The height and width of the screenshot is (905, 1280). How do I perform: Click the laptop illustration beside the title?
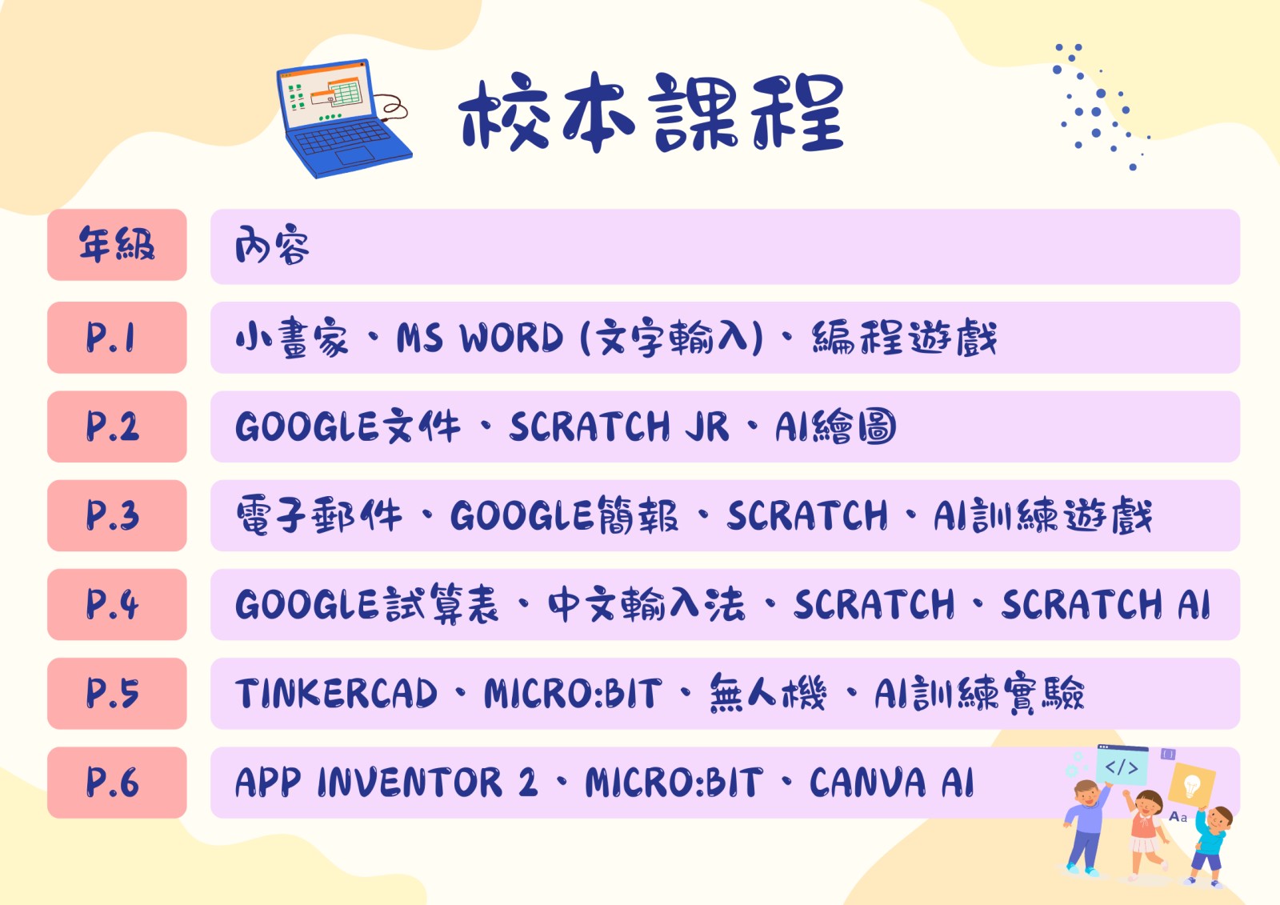343,118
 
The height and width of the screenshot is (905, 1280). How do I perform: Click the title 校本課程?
651,113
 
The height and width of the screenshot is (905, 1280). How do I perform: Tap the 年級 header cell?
117,245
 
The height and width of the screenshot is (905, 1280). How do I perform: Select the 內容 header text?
272,245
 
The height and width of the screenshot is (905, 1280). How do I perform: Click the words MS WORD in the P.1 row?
480,338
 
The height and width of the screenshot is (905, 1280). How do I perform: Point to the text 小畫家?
291,338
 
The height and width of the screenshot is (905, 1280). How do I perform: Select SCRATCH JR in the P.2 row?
619,426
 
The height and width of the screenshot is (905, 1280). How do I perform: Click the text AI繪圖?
835,426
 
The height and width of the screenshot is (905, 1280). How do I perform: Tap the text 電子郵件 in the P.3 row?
319,515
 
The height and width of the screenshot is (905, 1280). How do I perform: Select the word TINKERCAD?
336,694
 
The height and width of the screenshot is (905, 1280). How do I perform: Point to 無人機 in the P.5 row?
768,693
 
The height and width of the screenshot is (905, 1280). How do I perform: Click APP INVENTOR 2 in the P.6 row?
386,782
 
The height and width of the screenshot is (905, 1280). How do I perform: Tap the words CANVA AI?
891,782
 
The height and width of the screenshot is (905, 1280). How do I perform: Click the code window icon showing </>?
1122,765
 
